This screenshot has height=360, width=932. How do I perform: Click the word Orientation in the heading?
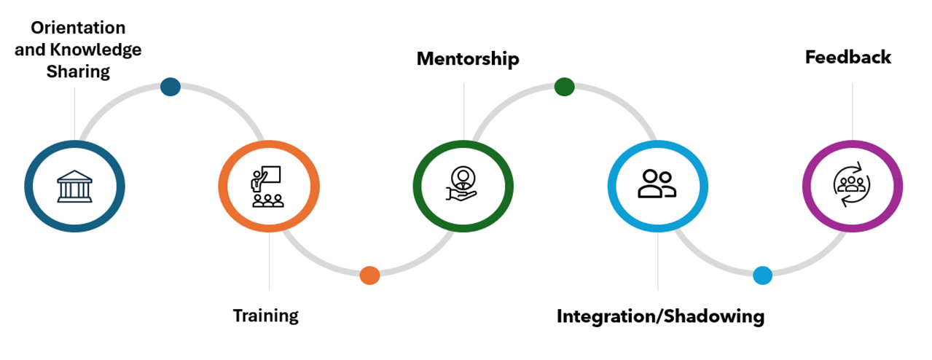(79, 28)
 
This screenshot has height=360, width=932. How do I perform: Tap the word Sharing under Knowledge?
(78, 71)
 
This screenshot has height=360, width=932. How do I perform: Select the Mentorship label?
(468, 59)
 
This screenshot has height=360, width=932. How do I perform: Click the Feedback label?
(847, 58)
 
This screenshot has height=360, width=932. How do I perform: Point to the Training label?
(265, 316)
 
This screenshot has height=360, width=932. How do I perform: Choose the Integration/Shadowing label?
(660, 317)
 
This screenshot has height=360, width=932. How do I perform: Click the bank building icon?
(74, 186)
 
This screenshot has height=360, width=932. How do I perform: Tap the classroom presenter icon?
(267, 187)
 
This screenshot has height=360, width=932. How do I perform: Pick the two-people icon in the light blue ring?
(657, 184)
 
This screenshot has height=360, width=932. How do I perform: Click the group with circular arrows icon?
(852, 185)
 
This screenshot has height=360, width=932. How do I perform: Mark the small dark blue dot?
(171, 87)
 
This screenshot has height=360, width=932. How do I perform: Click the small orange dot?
(369, 275)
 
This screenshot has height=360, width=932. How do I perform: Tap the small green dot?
(564, 87)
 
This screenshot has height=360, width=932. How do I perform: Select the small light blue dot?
(762, 275)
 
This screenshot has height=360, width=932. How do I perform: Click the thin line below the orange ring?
(270, 262)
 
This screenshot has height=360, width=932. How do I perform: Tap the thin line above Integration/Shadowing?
(658, 262)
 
